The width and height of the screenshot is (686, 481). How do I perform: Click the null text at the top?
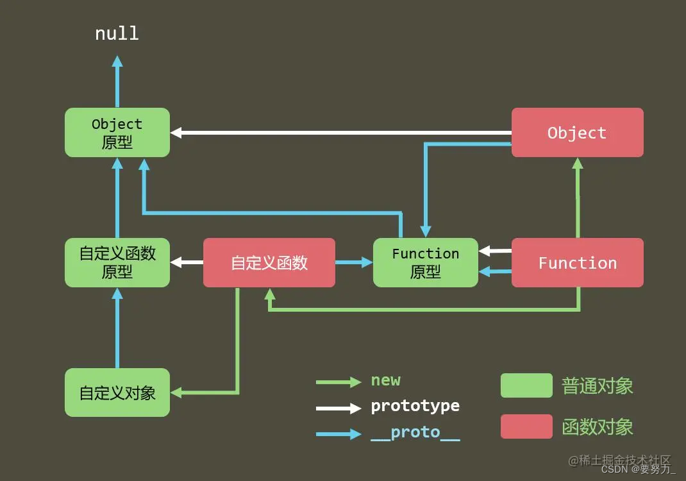[x=117, y=33]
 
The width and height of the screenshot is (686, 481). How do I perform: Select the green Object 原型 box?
[x=117, y=133]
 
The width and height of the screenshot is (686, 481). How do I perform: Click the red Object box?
[x=577, y=133]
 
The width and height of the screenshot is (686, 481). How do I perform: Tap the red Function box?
[x=577, y=263]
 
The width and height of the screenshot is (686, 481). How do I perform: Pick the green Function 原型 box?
[x=426, y=263]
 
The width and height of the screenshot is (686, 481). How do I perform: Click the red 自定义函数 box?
[x=269, y=263]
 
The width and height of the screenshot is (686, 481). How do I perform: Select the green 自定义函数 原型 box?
[x=117, y=263]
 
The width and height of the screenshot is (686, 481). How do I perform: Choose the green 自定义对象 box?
[x=117, y=392]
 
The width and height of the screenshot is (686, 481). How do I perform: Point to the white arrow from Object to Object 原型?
[x=340, y=133]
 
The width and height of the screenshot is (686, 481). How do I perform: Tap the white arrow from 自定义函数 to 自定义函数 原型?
[x=187, y=262]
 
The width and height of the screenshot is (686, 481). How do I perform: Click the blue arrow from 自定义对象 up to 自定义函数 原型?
[x=117, y=327]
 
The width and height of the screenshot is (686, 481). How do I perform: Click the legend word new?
[x=385, y=380]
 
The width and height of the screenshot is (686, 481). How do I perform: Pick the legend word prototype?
[x=415, y=407]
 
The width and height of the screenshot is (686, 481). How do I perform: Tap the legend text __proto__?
[x=415, y=433]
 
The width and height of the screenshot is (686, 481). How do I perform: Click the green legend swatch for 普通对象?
[x=526, y=385]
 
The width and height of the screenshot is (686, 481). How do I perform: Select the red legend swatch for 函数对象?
[x=526, y=426]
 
